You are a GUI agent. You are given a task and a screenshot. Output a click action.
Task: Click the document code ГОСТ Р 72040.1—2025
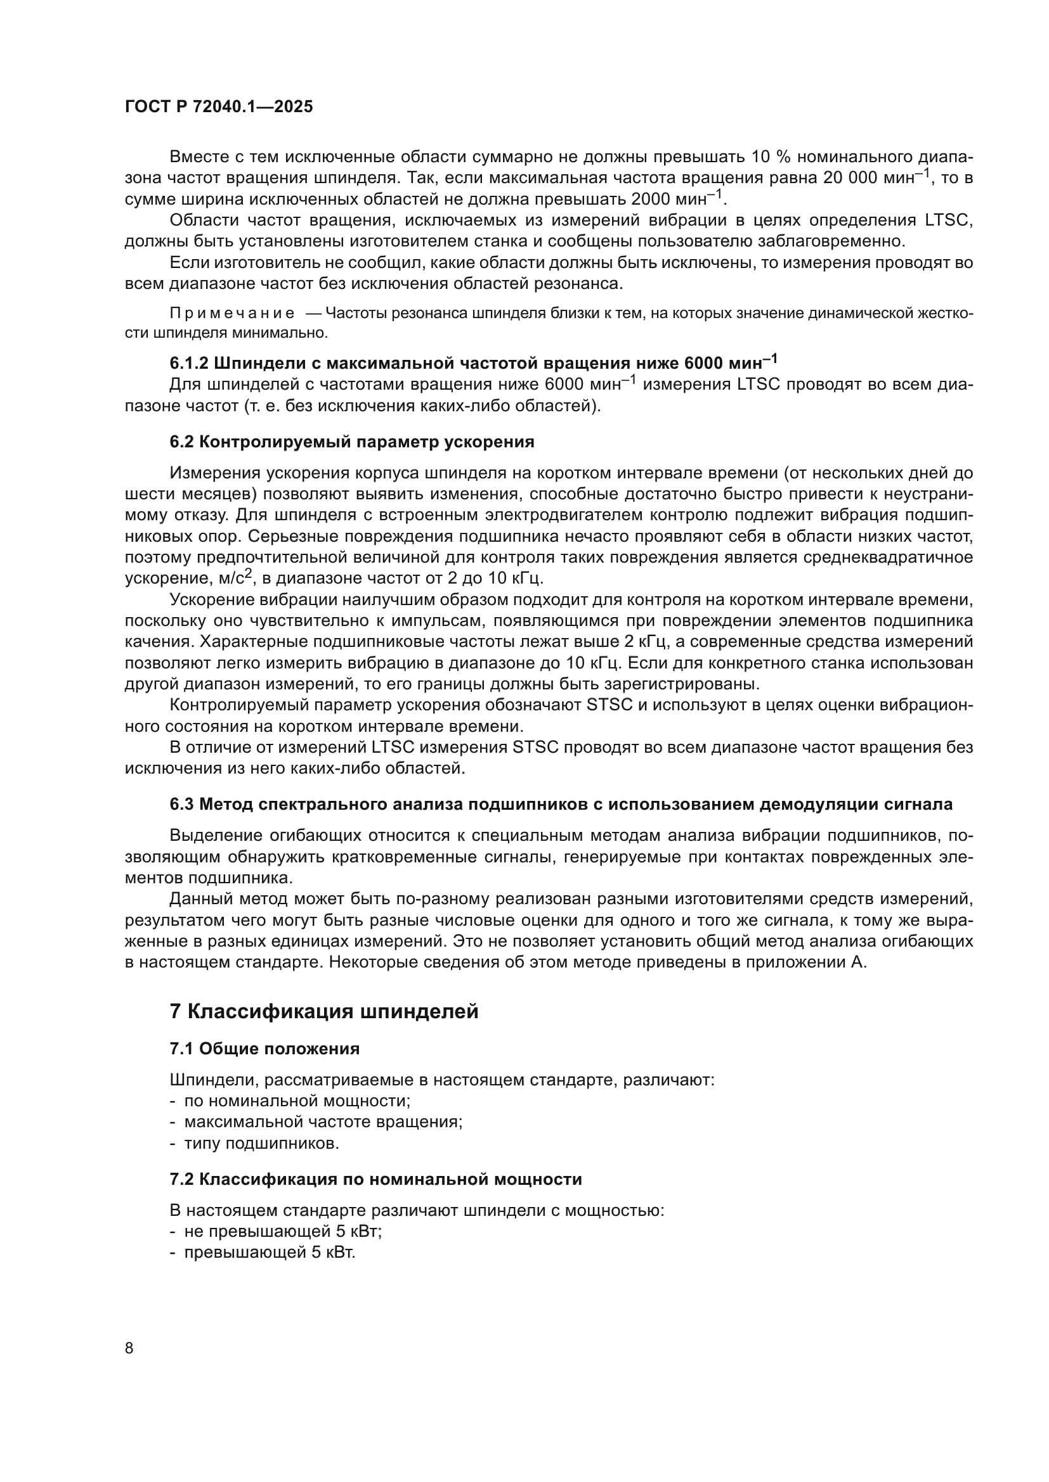[x=218, y=106]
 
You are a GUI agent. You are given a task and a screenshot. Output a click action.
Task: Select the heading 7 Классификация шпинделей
[x=323, y=1011]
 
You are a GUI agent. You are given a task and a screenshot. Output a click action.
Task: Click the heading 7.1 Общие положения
[x=264, y=1049]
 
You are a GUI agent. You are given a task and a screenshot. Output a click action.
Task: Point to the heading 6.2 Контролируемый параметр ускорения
[x=352, y=442]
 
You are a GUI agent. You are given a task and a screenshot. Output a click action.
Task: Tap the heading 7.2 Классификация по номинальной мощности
[x=375, y=1179]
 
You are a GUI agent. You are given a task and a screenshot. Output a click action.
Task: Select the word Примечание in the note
[x=232, y=314]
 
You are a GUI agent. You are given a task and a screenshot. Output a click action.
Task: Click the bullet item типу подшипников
[x=261, y=1144]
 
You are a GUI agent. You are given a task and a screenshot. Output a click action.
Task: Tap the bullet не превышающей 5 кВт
[x=282, y=1232]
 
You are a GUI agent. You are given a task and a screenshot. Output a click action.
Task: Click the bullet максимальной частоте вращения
[x=323, y=1123]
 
